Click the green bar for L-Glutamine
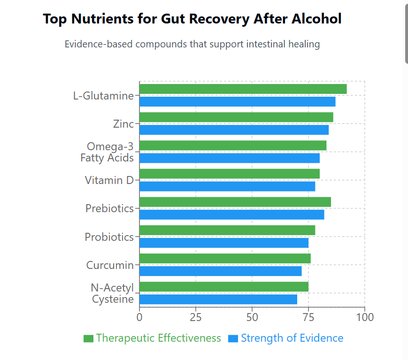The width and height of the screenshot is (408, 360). [243, 89]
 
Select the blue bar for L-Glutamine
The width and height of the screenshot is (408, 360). [237, 101]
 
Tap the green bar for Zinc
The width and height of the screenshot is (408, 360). [236, 117]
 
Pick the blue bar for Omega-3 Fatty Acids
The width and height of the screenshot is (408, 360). [229, 158]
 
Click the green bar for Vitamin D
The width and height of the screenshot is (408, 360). [229, 174]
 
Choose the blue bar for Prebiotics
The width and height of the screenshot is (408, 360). [231, 214]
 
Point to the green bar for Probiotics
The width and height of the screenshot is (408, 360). [227, 230]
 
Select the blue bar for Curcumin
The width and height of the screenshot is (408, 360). [220, 271]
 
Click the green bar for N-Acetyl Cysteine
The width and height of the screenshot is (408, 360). [223, 287]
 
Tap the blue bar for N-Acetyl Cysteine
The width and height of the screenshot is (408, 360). [218, 299]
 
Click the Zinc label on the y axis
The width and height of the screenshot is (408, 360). [123, 124]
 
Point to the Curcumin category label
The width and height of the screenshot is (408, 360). [110, 265]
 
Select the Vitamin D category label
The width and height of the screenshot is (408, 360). [109, 180]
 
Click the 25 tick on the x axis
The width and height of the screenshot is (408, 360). [196, 317]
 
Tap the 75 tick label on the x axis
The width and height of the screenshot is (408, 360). [308, 317]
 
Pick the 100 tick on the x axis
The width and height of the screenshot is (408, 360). [365, 317]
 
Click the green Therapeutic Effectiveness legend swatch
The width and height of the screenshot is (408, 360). [88, 338]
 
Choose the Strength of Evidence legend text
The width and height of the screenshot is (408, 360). [292, 338]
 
